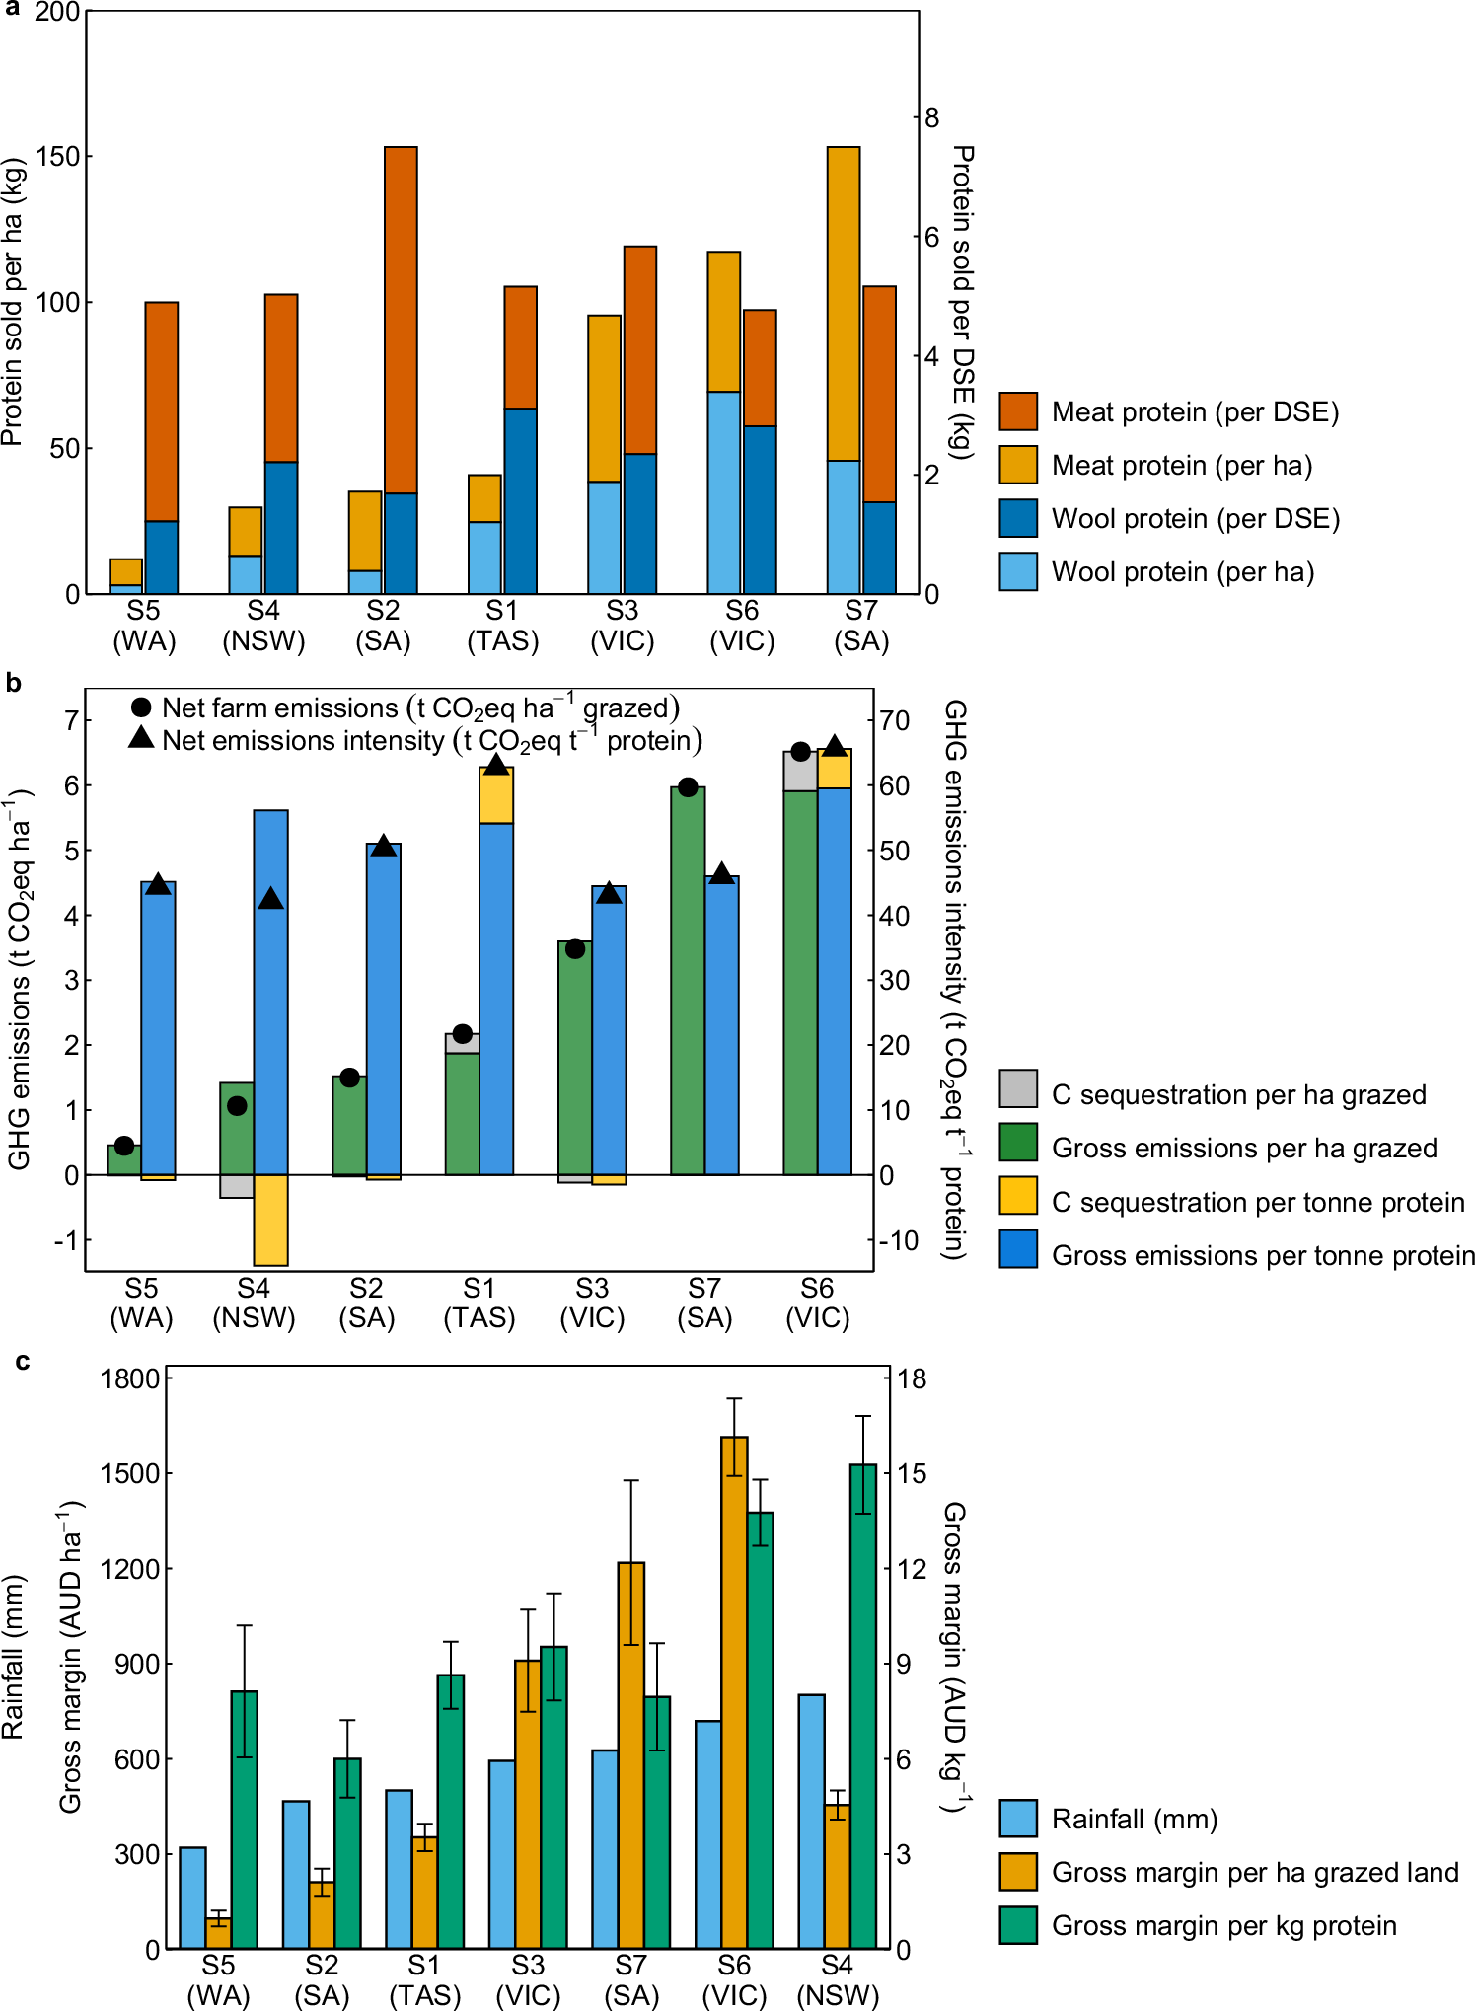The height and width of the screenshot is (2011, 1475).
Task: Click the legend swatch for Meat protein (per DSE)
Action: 1017,411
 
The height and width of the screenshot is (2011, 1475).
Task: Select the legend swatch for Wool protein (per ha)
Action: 1017,571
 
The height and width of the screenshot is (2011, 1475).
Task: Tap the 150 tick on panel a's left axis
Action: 58,156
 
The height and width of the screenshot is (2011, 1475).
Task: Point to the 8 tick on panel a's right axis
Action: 931,117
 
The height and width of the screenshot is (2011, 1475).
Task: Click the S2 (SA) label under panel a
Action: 383,626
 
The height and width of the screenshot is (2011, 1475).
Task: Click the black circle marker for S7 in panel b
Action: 689,787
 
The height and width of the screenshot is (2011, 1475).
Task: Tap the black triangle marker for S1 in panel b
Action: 496,765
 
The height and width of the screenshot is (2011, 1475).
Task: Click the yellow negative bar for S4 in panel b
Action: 270,1220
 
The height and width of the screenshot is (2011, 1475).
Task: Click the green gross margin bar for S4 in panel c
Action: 863,1707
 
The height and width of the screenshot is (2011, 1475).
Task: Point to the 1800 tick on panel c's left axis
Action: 129,1378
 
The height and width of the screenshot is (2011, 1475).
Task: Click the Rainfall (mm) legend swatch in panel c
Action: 1017,1818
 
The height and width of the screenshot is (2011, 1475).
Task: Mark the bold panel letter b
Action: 14,683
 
